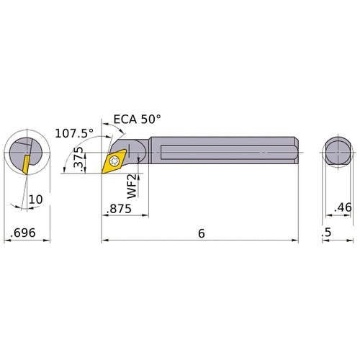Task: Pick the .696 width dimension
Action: tap(23, 234)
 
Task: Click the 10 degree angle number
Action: tap(35, 198)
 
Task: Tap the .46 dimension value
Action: tap(343, 209)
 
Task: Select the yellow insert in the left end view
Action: tap(25, 164)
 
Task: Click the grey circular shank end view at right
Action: tap(336, 153)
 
